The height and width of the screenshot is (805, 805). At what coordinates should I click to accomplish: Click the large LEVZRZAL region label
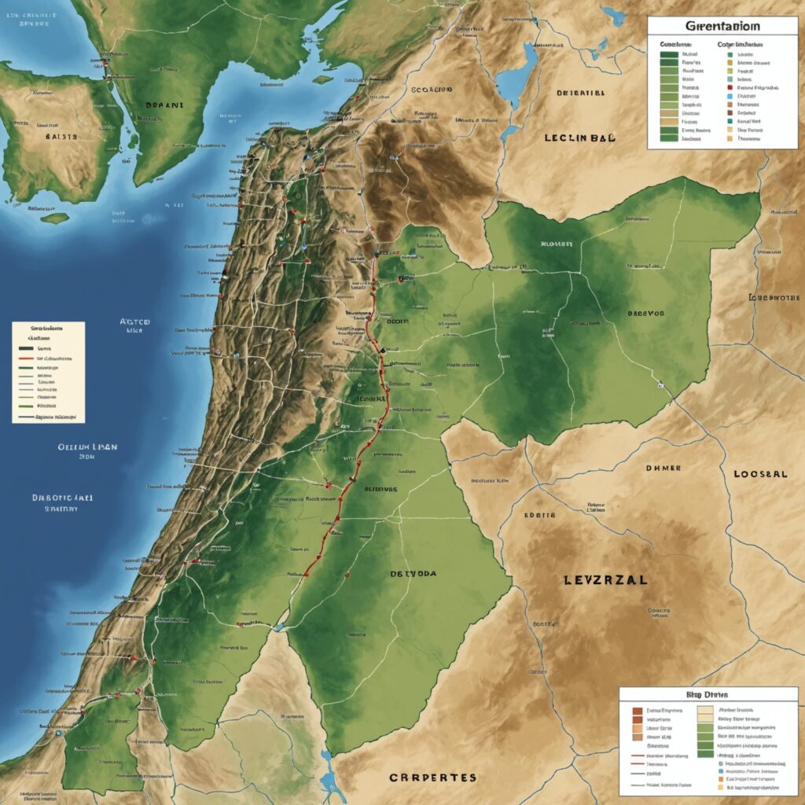point(605,580)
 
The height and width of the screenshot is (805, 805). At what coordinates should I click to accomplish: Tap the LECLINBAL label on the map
point(580,137)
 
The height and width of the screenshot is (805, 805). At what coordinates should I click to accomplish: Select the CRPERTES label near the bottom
point(432,777)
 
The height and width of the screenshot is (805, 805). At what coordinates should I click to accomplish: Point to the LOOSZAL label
point(759,475)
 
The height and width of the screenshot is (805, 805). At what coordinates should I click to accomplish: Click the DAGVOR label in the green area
point(645,313)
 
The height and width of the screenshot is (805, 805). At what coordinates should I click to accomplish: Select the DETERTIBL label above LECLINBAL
point(580,93)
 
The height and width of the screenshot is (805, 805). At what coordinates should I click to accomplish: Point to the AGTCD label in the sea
point(134,322)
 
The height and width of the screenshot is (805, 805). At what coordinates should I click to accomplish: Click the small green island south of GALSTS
point(55,218)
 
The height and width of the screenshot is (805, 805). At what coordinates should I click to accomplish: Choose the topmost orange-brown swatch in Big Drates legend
point(638,709)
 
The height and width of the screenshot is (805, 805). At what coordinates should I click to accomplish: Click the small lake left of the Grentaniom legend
point(612,15)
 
